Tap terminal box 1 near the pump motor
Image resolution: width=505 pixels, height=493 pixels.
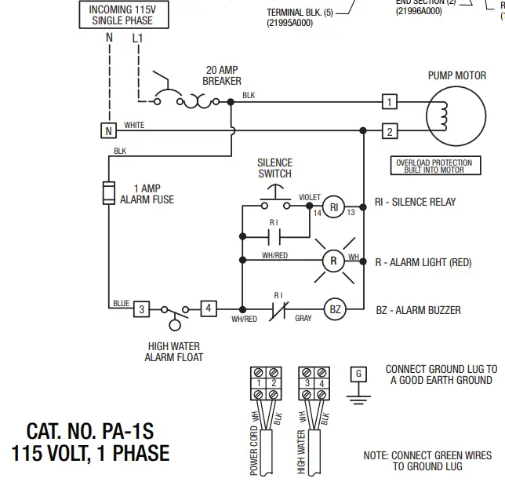pyautogui.click(x=389, y=102)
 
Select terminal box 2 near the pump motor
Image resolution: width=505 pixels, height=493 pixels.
pyautogui.click(x=389, y=131)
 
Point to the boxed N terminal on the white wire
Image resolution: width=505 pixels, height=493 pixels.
pyautogui.click(x=108, y=131)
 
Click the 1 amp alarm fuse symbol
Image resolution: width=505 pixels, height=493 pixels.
pyautogui.click(x=109, y=193)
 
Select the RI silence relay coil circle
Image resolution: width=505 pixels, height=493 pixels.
pyautogui.click(x=334, y=206)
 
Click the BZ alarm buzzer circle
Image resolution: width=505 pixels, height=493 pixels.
pyautogui.click(x=335, y=309)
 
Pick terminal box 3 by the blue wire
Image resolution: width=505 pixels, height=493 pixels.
pyautogui.click(x=141, y=309)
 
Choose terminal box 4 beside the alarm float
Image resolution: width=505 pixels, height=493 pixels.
pyautogui.click(x=209, y=309)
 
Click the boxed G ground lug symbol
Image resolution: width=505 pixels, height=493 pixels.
pyautogui.click(x=358, y=374)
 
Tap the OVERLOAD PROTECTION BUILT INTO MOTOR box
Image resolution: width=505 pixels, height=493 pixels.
pyautogui.click(x=434, y=166)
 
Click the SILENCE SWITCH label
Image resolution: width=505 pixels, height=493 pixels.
pyautogui.click(x=274, y=169)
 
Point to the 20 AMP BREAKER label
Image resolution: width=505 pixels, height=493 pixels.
pyautogui.click(x=222, y=75)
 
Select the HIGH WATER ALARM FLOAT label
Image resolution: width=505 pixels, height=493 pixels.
pyautogui.click(x=173, y=352)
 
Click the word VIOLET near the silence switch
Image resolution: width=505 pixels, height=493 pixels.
pyautogui.click(x=310, y=196)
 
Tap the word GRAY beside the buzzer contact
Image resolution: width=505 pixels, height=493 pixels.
pyautogui.click(x=303, y=319)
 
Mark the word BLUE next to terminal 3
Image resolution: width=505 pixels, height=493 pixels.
pyautogui.click(x=121, y=303)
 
